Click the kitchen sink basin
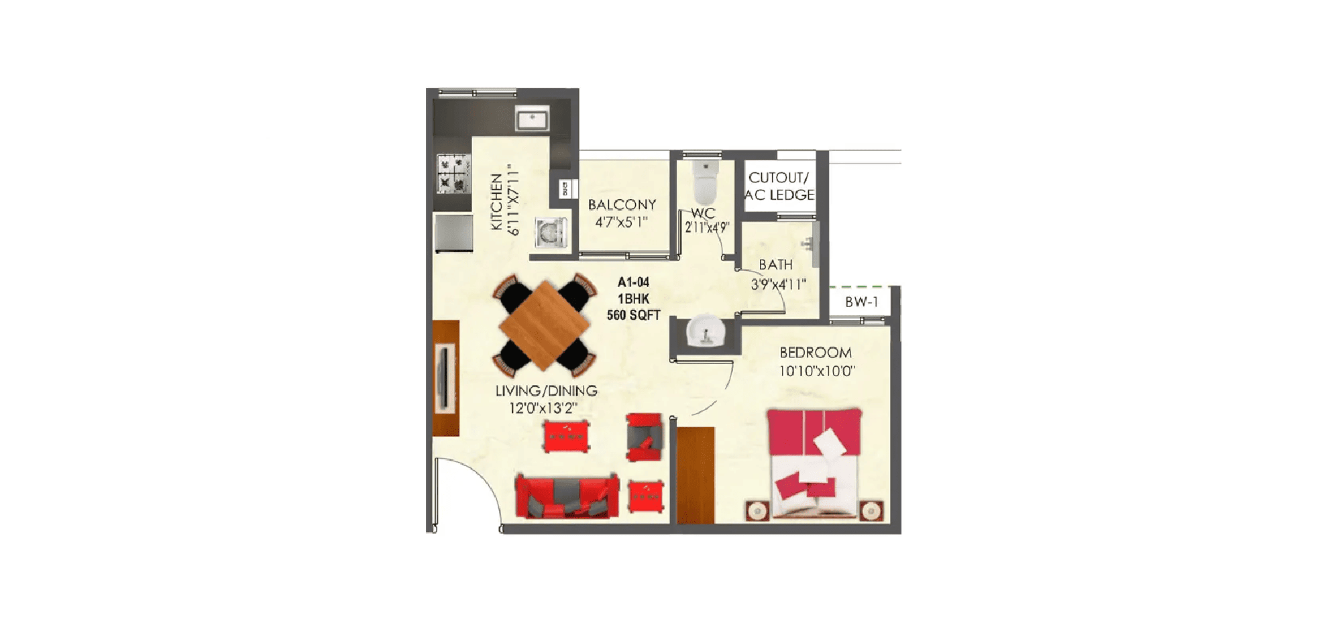click(532, 119)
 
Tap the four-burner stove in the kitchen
click(453, 173)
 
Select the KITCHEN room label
click(496, 202)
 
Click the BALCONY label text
click(622, 205)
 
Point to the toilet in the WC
click(704, 181)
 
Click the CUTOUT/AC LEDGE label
click(779, 186)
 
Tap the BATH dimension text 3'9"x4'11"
click(778, 284)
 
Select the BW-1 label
click(861, 302)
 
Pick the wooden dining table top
click(544, 325)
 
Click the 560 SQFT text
click(633, 315)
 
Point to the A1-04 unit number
click(633, 282)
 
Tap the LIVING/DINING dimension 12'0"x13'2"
click(543, 408)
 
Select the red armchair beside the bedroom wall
click(644, 437)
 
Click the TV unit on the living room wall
click(445, 378)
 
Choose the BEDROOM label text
click(816, 353)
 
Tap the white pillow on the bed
click(830, 443)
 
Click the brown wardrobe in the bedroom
click(696, 475)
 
